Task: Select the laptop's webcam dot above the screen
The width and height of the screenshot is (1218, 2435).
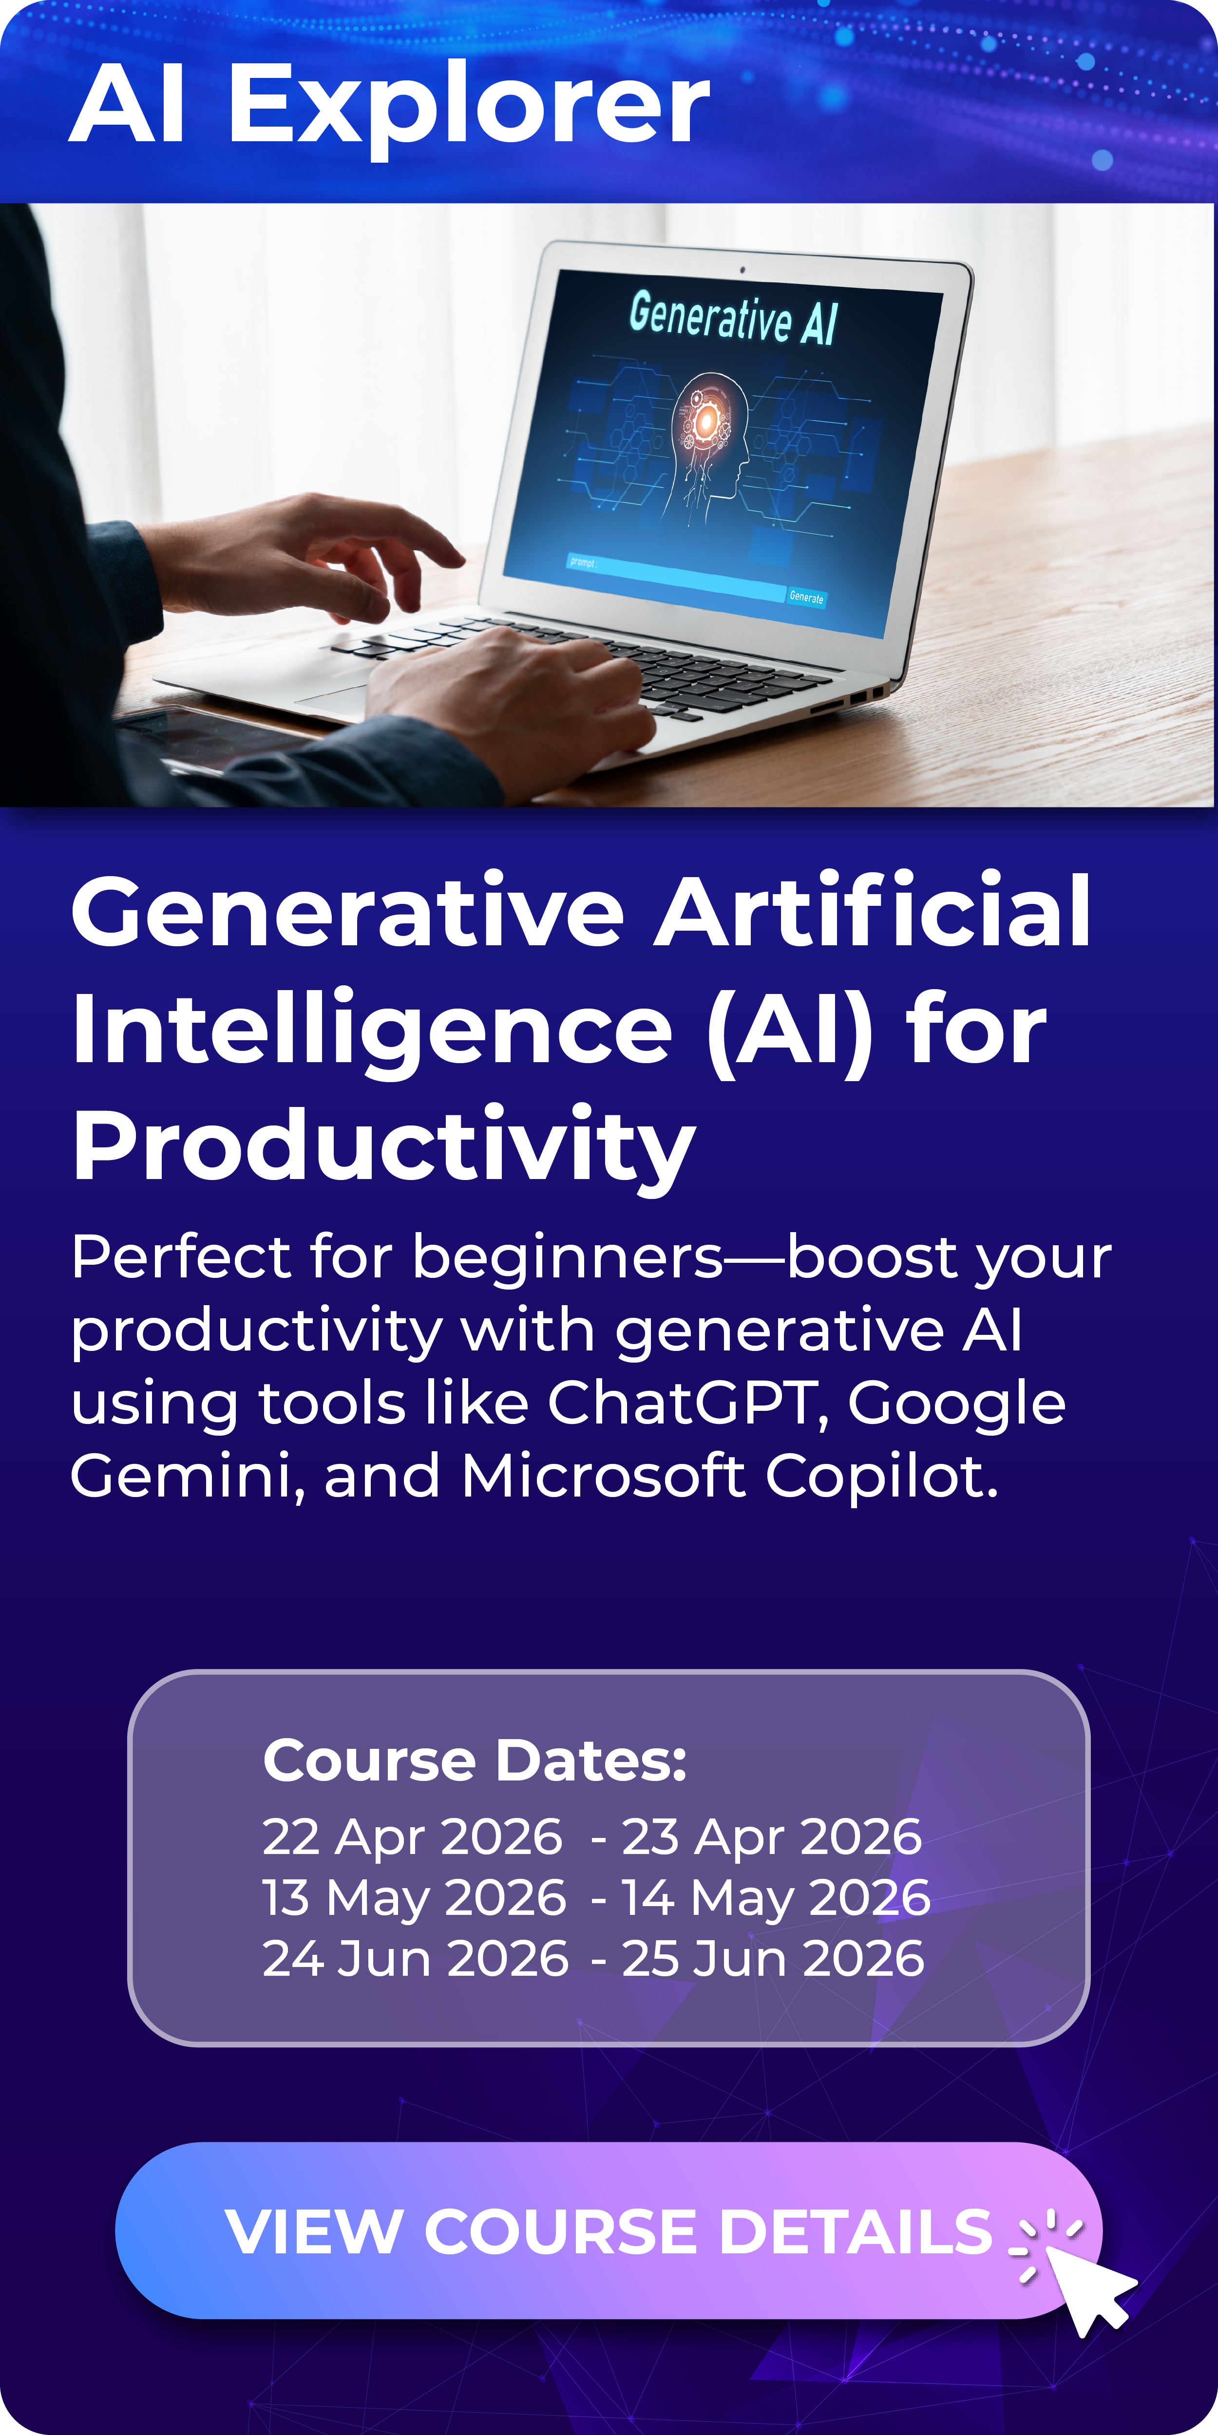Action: tap(742, 270)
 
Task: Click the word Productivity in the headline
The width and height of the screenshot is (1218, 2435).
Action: tap(383, 1145)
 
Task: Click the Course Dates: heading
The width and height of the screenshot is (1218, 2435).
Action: tap(475, 1760)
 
